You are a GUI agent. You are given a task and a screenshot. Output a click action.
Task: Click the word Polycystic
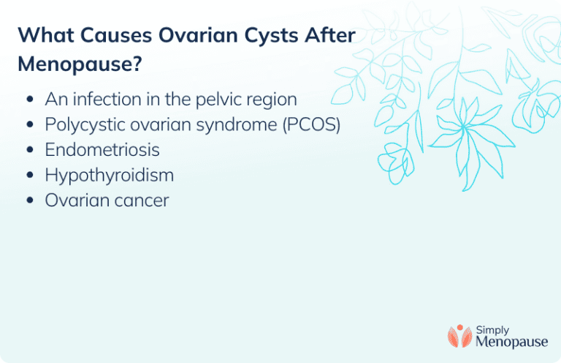83,124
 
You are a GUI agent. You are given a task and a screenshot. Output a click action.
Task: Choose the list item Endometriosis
102,149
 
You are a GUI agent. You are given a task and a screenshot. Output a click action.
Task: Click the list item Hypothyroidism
109,175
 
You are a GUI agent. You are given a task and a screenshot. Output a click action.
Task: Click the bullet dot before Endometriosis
28,150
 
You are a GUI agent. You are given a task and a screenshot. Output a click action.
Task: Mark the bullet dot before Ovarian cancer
28,201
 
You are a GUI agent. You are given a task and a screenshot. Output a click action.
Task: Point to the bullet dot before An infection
28,100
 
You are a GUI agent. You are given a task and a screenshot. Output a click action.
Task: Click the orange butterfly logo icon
459,335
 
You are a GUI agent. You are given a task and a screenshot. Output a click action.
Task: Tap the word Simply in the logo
494,329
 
